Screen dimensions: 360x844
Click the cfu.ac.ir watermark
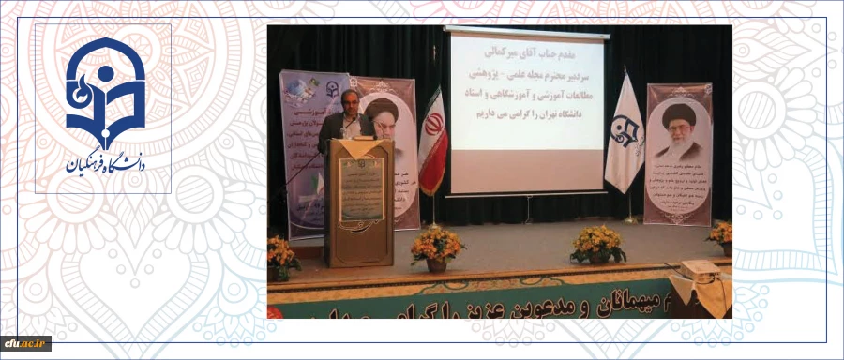pos(25,343)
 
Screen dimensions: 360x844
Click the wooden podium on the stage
pos(359,202)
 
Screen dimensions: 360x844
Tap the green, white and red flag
pos(432,141)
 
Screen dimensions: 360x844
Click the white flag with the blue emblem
pos(624,136)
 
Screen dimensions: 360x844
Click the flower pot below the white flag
pos(598,245)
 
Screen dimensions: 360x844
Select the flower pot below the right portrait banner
pos(721,236)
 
